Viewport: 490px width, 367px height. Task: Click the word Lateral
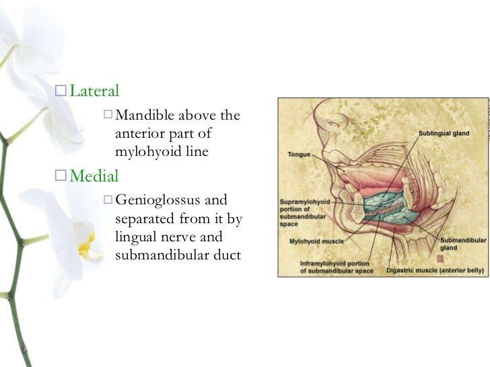(x=95, y=91)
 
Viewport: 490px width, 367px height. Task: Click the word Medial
(x=94, y=177)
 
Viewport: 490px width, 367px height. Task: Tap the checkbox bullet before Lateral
(x=61, y=91)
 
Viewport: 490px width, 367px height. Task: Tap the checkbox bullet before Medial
(x=61, y=177)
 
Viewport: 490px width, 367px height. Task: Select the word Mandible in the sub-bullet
(x=143, y=116)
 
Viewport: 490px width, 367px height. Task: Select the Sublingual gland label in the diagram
(x=444, y=134)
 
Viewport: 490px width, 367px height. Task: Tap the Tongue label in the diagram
(x=299, y=155)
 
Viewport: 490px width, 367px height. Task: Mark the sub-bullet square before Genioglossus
(x=108, y=200)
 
